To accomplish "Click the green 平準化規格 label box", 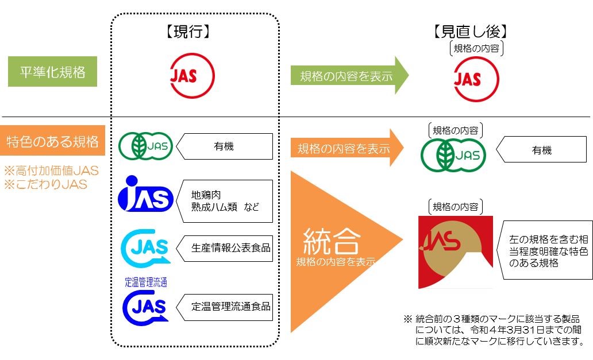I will [52, 72].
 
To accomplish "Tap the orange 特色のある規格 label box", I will [52, 141].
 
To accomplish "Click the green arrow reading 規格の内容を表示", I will [348, 75].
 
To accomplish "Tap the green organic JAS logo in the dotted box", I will [145, 146].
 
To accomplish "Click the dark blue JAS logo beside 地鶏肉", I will [145, 195].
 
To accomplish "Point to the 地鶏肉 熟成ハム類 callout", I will [224, 201].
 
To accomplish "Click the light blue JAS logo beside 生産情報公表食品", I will [145, 249].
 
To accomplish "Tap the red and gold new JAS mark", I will [455, 252].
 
